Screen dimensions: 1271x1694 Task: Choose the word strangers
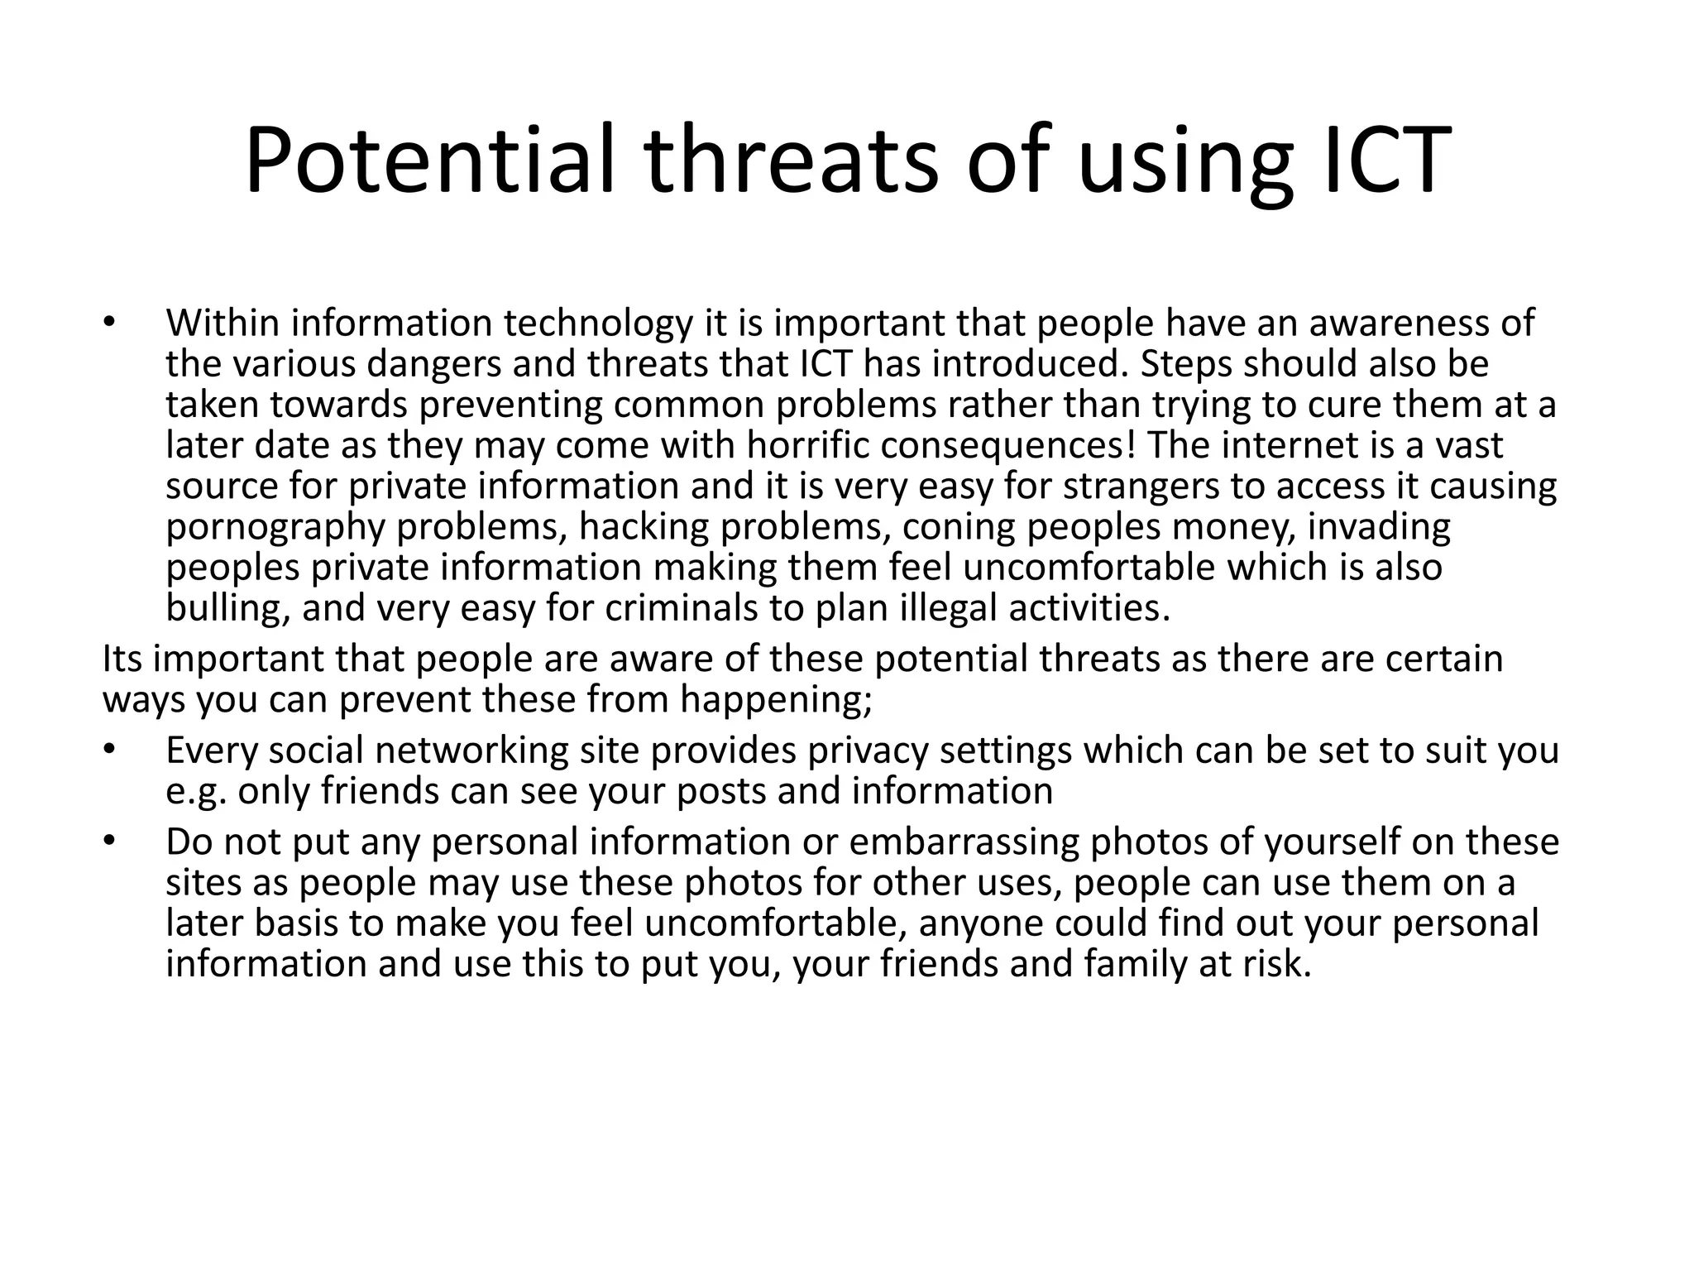tap(1141, 486)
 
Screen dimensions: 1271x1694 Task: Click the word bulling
tap(227, 608)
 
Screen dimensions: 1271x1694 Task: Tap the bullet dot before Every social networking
tap(109, 751)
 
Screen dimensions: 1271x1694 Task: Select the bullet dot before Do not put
tap(109, 842)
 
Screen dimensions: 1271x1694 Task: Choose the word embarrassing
tap(964, 842)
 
